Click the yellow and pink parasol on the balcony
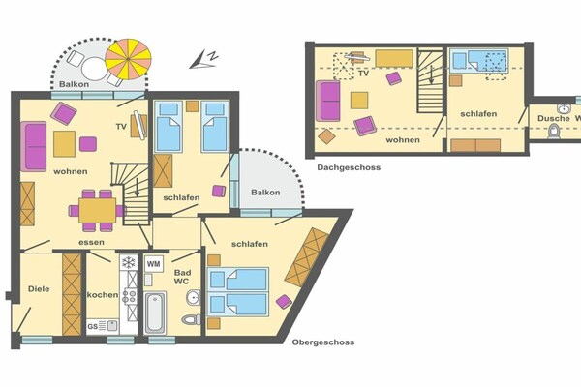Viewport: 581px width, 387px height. coord(128,59)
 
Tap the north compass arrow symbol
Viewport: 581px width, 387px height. coord(203,60)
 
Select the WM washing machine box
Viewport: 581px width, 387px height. coord(154,264)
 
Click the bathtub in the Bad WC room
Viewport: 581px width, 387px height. coord(155,313)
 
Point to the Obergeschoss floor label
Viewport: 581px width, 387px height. coord(323,342)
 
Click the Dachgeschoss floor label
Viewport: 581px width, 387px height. coord(349,167)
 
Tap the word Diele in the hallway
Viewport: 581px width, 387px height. coord(39,289)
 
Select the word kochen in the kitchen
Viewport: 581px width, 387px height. coord(103,295)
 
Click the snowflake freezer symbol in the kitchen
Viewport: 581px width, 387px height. coord(129,262)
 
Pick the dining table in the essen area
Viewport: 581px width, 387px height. coord(98,210)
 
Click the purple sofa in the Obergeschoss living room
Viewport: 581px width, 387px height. coord(34,147)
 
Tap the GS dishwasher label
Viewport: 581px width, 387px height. coord(92,326)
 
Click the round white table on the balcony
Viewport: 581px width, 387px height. coord(94,69)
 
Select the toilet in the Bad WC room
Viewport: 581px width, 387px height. coord(191,319)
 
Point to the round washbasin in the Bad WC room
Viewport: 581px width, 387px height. coord(193,297)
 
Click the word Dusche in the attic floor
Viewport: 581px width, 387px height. coord(554,118)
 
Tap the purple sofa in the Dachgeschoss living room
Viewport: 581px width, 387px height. coord(328,101)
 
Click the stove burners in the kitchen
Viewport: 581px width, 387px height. coord(129,296)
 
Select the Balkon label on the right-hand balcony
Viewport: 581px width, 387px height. coord(265,193)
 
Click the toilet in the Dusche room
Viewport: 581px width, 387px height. coord(554,132)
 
